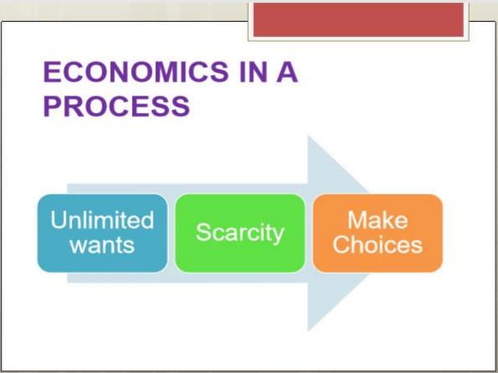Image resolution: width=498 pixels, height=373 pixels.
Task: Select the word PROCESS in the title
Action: click(x=116, y=106)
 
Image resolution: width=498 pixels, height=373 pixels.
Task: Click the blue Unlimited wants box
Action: click(x=102, y=233)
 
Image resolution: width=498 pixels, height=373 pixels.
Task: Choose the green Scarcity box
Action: click(x=240, y=233)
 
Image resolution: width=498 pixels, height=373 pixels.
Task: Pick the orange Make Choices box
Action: click(x=378, y=233)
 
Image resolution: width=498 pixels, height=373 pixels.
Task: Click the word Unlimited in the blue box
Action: click(x=102, y=220)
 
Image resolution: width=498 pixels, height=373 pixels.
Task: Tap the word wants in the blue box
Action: click(x=102, y=245)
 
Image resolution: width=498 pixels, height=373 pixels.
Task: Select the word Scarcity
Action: click(x=240, y=233)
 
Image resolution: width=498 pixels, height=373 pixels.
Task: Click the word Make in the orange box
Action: click(x=378, y=220)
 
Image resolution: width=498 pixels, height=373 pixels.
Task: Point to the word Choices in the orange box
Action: click(x=378, y=245)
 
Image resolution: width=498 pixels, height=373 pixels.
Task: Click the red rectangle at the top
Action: click(x=357, y=19)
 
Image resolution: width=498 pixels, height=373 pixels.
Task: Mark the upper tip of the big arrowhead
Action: click(x=308, y=137)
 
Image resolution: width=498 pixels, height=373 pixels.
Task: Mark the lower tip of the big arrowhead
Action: click(x=308, y=329)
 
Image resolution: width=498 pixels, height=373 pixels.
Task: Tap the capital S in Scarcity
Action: click(x=202, y=232)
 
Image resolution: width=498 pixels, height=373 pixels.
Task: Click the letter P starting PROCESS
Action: click(x=52, y=106)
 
